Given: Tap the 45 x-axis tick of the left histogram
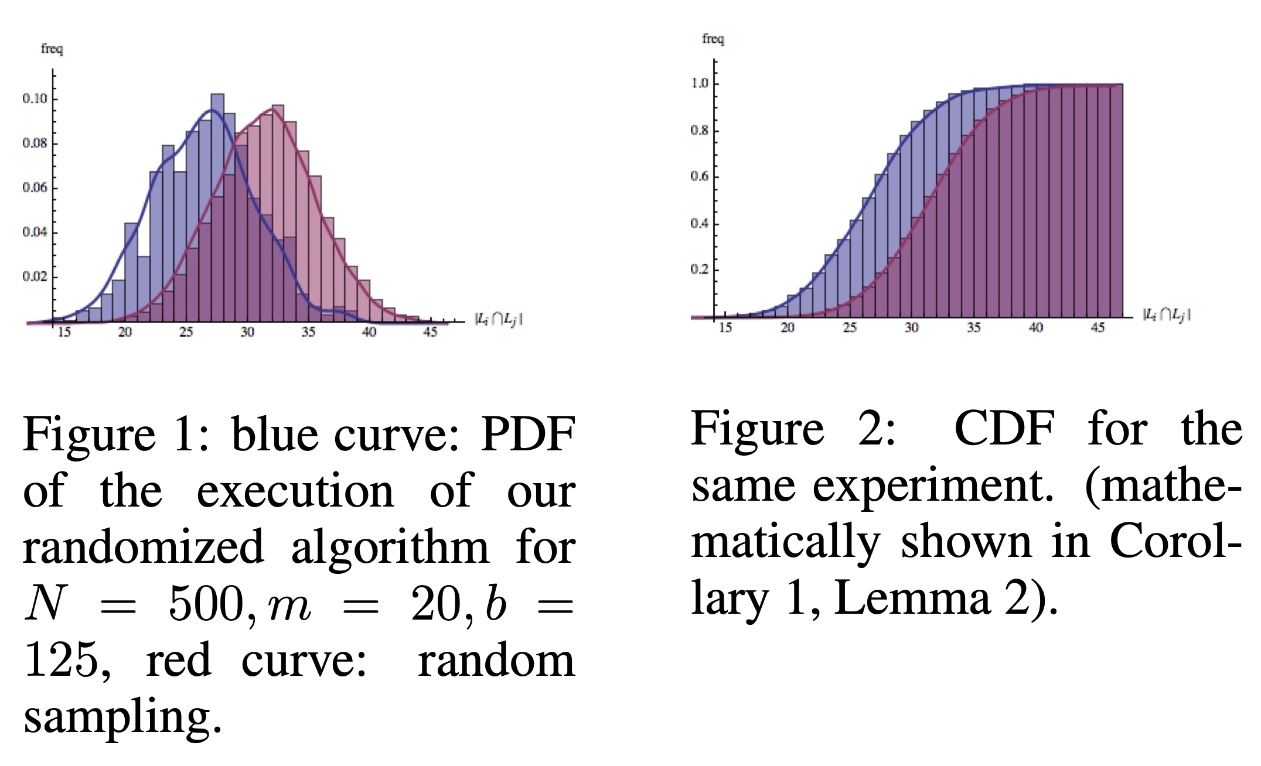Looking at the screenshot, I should (430, 333).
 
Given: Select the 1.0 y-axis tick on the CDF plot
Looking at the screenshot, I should (700, 83).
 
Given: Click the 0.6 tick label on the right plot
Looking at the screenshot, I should (700, 176).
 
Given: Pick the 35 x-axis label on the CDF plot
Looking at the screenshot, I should (973, 328).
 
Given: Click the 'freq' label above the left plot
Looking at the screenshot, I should (52, 49).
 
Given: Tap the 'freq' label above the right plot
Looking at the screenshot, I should (713, 39).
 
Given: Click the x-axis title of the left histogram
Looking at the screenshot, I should (498, 320).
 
